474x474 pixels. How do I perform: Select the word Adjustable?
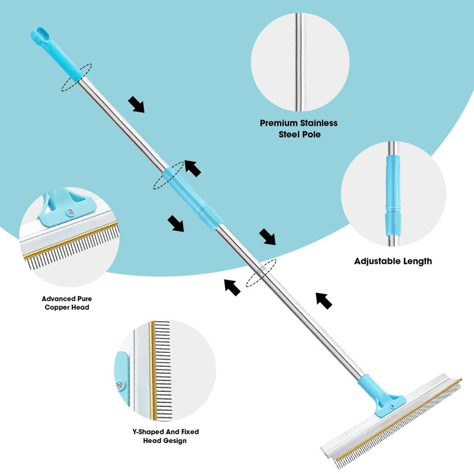377,261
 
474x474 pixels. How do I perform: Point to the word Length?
417,261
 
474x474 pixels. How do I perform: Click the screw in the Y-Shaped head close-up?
121,385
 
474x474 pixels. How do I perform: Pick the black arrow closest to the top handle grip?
137,105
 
